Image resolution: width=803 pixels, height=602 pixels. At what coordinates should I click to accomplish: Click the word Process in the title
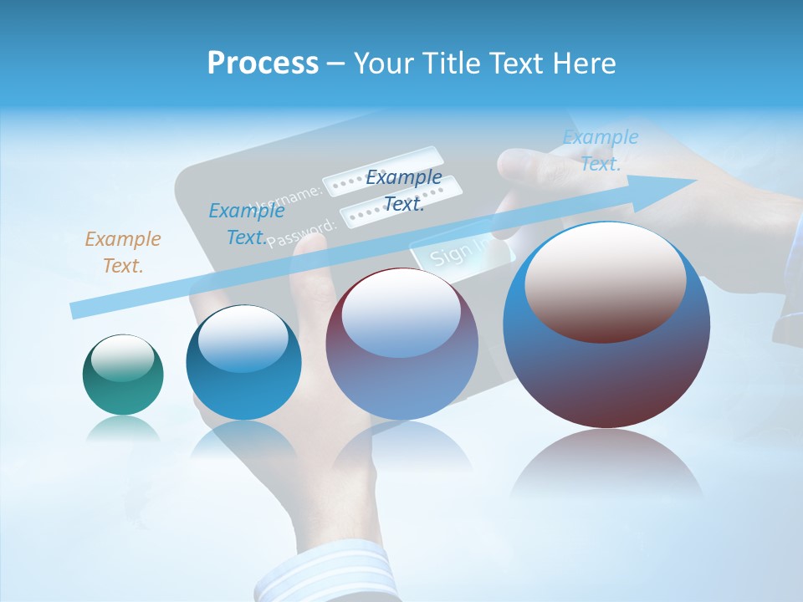pos(263,64)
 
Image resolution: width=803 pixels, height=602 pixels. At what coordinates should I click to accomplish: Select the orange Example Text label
pos(123,253)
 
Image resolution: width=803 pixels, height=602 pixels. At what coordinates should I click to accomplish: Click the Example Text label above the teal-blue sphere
pos(246,224)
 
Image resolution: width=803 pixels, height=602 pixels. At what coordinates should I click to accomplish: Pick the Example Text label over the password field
pos(404,190)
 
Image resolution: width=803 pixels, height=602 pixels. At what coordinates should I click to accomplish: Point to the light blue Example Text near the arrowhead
pos(600,150)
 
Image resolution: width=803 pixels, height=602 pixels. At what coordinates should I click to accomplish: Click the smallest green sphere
pos(123,375)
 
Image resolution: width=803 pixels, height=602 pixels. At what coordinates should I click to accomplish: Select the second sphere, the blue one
pos(243,362)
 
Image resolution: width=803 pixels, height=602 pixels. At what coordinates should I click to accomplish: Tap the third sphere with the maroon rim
pos(401,344)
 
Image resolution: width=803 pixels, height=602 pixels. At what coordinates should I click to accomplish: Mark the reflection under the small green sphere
pos(123,431)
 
